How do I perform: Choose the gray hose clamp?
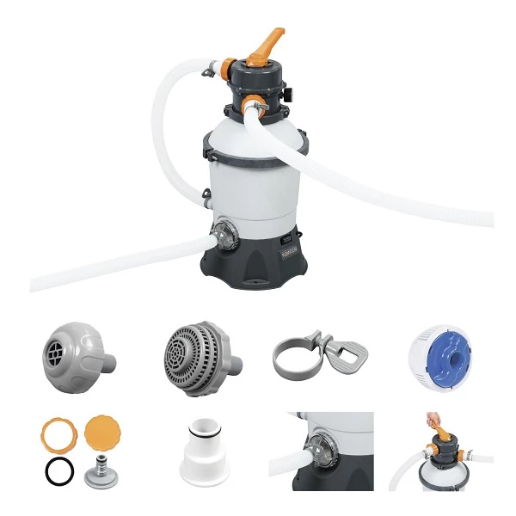(310, 353)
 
